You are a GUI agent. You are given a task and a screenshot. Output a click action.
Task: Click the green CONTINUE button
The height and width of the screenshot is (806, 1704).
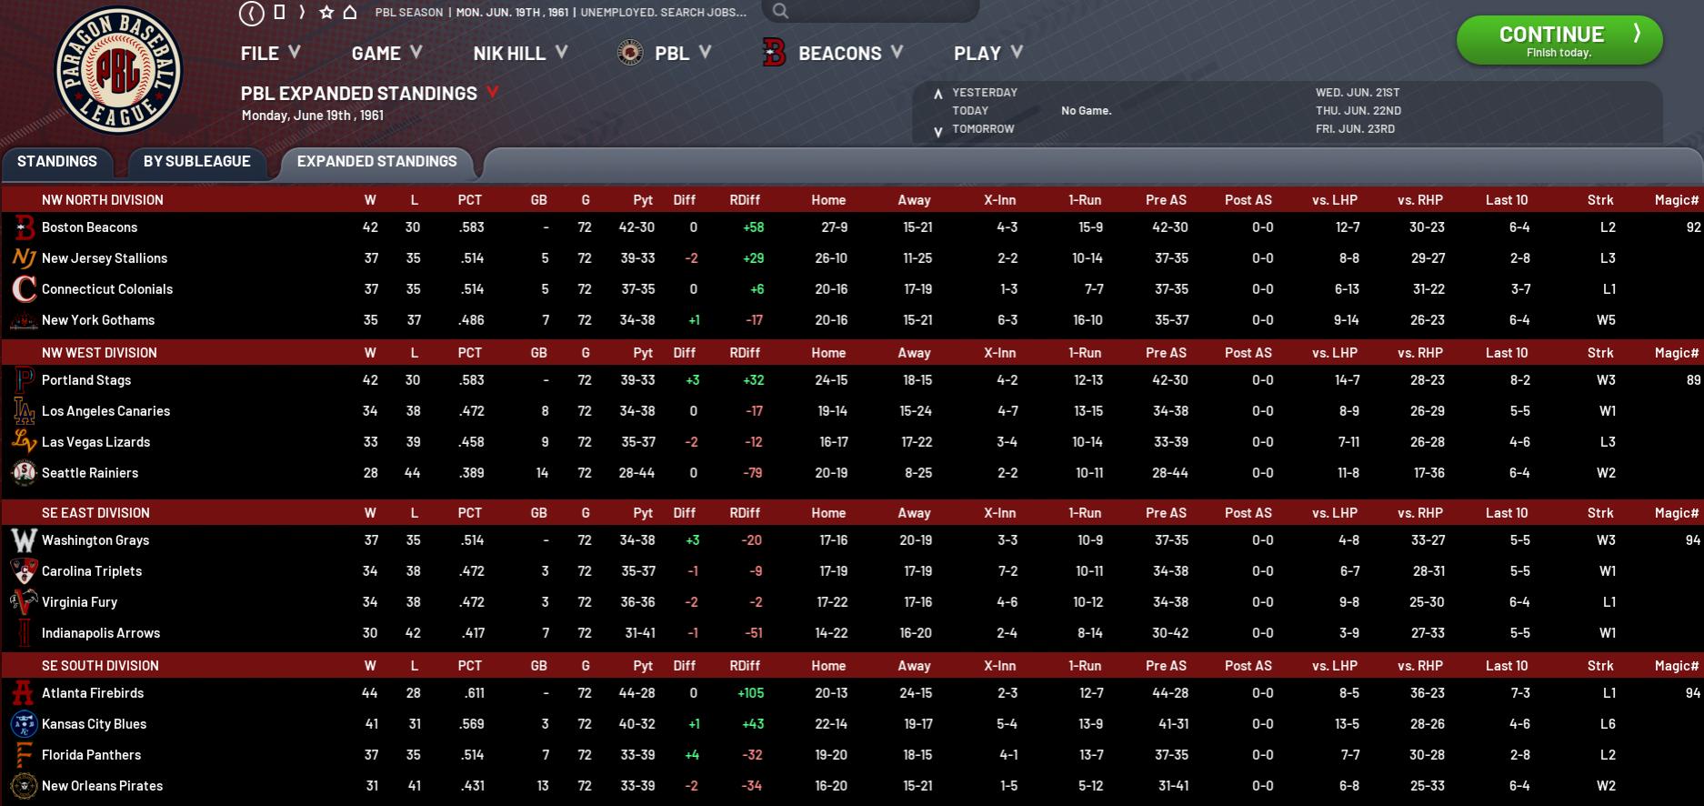tap(1559, 41)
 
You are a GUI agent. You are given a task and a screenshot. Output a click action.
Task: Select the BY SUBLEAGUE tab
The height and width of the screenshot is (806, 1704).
tap(196, 161)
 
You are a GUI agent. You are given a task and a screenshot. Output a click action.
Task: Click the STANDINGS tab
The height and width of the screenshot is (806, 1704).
tap(57, 161)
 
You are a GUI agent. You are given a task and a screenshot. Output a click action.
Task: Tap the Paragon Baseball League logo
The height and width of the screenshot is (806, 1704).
tap(118, 70)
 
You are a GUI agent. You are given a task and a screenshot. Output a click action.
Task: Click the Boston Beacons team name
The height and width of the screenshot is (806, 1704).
tap(89, 227)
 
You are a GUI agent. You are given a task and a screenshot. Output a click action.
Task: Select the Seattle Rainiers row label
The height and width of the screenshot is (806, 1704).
tap(90, 473)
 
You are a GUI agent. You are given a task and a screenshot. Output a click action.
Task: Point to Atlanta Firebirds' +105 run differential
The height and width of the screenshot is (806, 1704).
tap(750, 693)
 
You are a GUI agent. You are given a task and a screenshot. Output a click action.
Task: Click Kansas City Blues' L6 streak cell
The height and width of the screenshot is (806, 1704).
tap(1608, 724)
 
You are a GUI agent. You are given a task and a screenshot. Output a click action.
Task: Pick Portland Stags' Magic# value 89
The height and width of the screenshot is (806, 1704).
tap(1692, 380)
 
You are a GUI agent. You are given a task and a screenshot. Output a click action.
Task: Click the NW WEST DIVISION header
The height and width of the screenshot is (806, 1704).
tap(99, 353)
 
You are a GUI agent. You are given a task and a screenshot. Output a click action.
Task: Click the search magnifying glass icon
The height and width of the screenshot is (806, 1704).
tap(780, 11)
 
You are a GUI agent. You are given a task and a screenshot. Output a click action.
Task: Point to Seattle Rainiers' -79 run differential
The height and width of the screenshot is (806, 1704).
tap(752, 473)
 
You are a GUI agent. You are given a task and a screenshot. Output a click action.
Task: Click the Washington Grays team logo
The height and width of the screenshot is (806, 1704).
tap(24, 540)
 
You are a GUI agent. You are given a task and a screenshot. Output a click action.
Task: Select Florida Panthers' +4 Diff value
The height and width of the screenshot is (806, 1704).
tap(692, 755)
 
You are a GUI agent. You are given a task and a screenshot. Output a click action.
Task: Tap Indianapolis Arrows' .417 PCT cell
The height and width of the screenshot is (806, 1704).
tap(471, 633)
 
